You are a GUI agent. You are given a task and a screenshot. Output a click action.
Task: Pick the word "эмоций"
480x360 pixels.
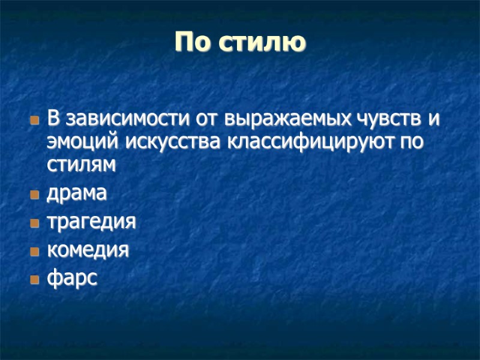84,143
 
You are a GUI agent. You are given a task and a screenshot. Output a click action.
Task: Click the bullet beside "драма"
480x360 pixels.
34,195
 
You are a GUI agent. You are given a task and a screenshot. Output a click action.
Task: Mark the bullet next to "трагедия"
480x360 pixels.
34,223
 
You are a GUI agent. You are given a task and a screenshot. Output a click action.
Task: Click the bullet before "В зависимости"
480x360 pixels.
34,120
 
